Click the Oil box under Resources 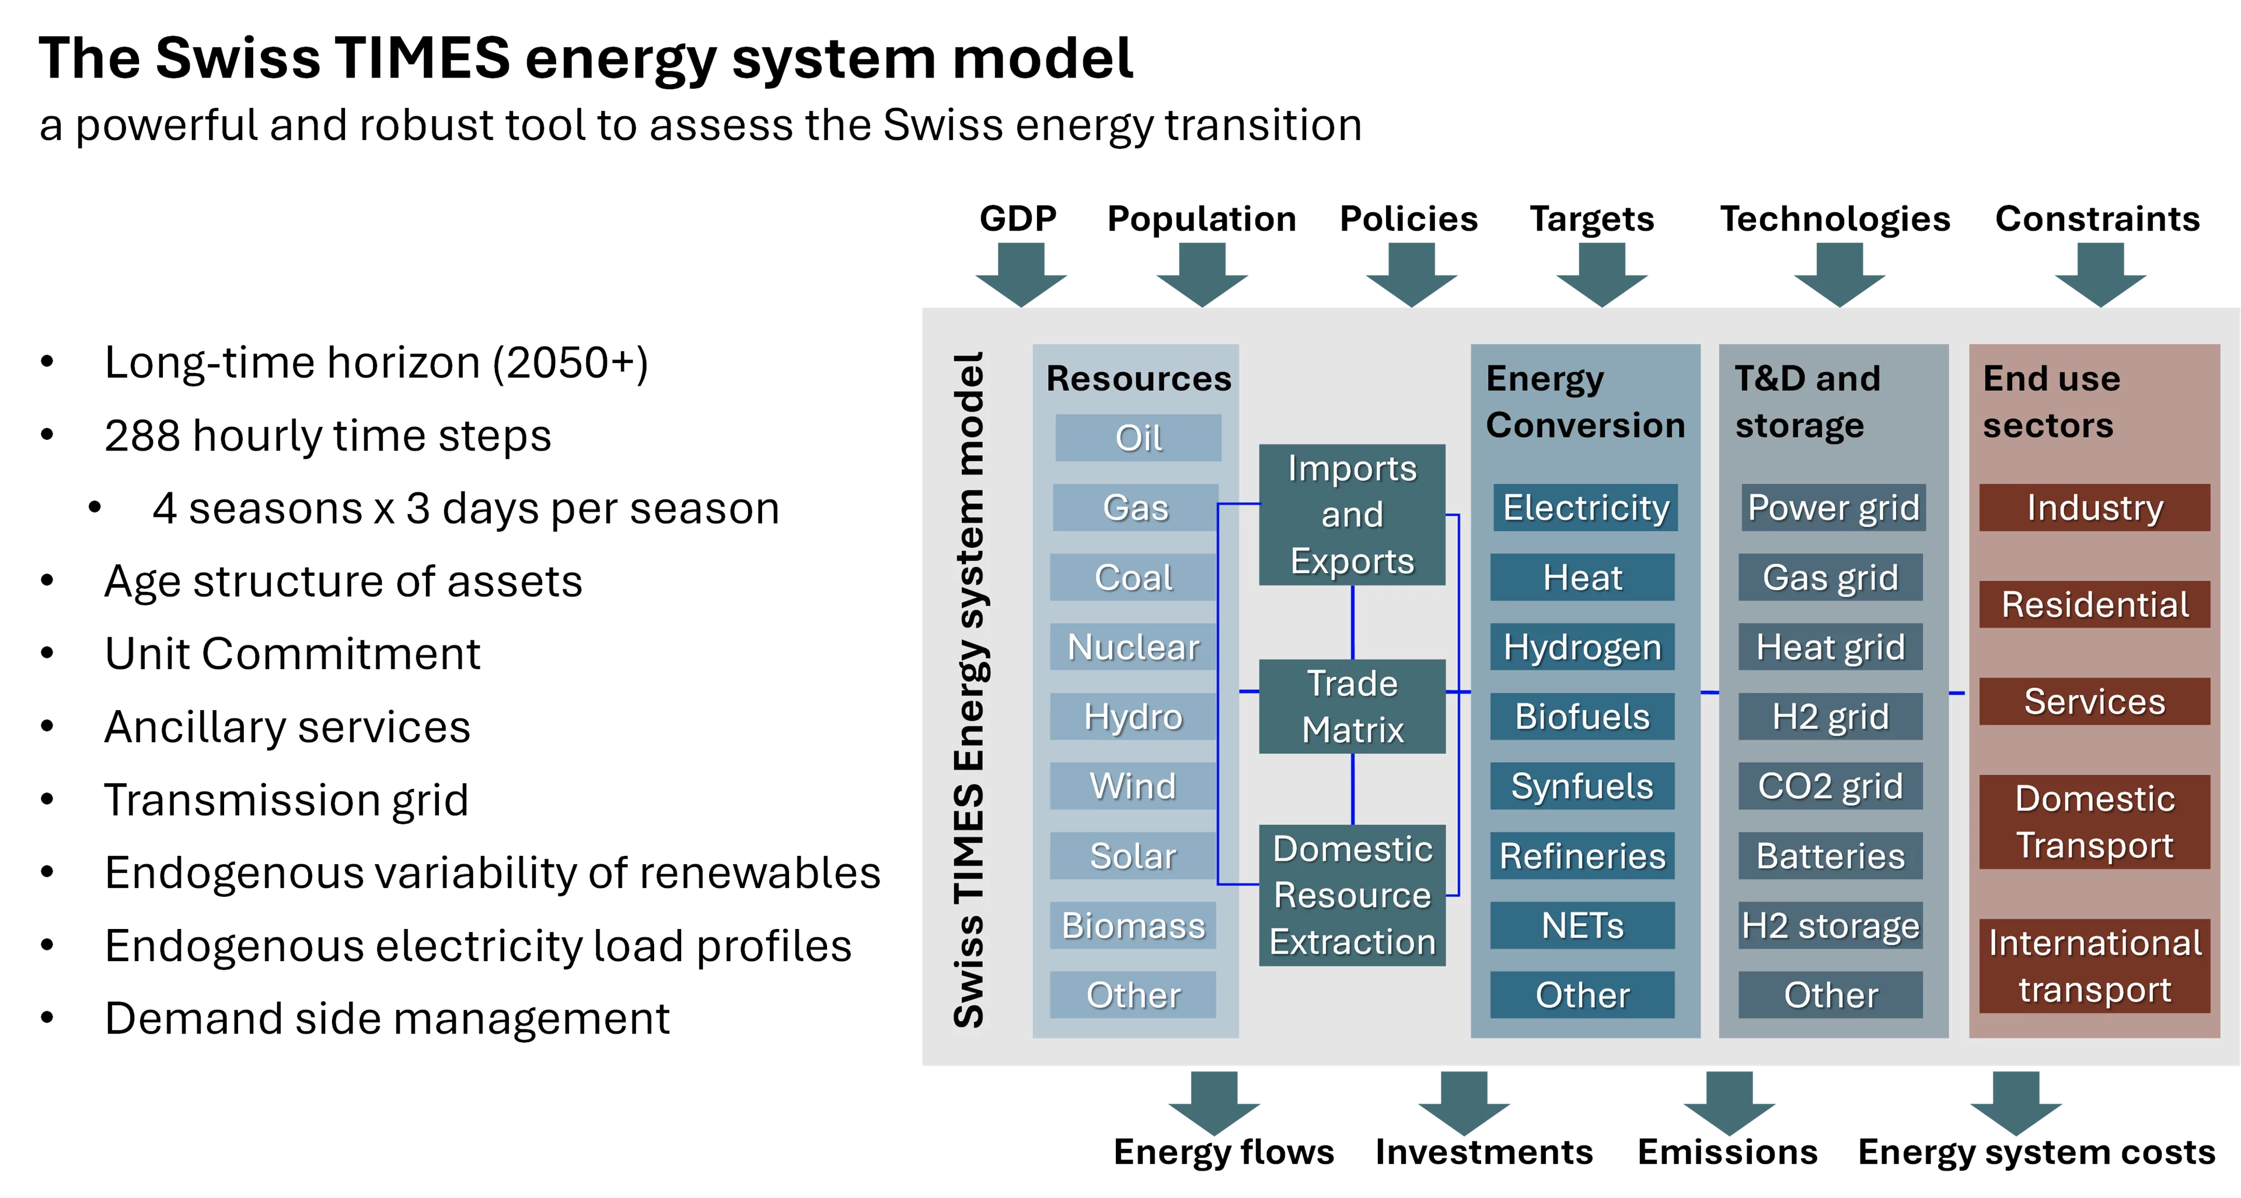click(1138, 438)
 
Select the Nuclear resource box click(1133, 647)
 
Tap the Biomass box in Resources click(1133, 925)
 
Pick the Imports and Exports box click(1352, 514)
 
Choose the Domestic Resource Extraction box click(1352, 895)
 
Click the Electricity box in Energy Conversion click(1585, 507)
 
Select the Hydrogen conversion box click(1582, 647)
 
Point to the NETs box click(1582, 925)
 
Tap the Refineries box click(1582, 855)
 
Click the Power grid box click(1833, 507)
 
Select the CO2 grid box click(1830, 785)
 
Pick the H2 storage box click(1830, 925)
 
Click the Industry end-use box click(2094, 507)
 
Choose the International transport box click(2094, 966)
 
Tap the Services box click(2094, 701)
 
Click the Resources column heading click(1138, 379)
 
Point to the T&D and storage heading click(1806, 401)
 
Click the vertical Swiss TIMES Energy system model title click(968, 689)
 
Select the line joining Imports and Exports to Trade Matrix click(1352, 622)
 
